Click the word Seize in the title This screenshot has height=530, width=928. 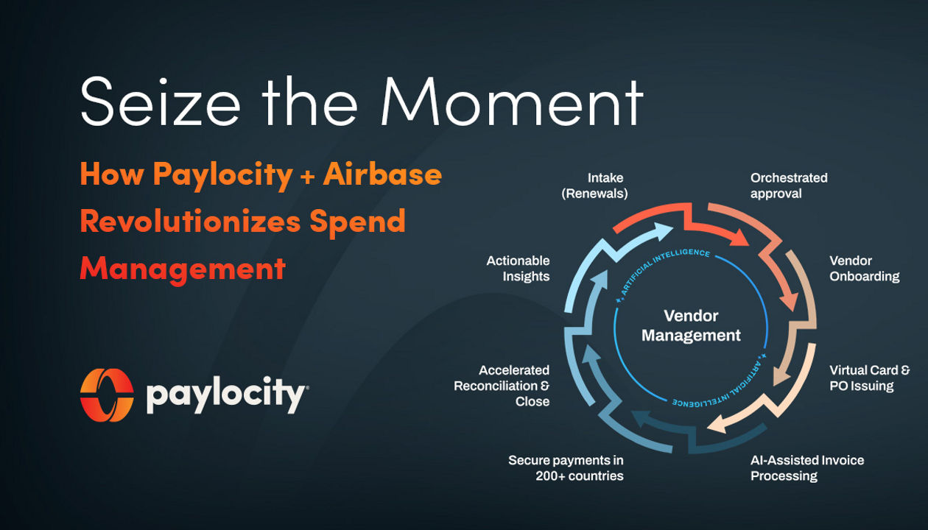(x=160, y=101)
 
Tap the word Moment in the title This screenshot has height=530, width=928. (x=513, y=101)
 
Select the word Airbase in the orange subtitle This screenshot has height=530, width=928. (x=382, y=174)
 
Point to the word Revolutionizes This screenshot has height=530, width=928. (x=190, y=221)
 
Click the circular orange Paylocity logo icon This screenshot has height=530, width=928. (x=107, y=395)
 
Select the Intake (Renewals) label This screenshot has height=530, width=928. (x=594, y=186)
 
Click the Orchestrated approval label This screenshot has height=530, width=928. (x=789, y=186)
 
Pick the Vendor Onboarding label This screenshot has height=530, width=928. (x=865, y=269)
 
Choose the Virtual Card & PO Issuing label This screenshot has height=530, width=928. (x=870, y=378)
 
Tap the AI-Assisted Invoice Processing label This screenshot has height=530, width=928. (x=807, y=468)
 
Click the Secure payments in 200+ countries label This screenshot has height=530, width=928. (x=566, y=468)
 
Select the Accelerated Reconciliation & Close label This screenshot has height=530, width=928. (x=502, y=386)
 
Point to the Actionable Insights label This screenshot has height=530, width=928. (x=518, y=269)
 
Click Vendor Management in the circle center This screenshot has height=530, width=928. (x=691, y=325)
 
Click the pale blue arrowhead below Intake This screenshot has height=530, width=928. (x=662, y=231)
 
